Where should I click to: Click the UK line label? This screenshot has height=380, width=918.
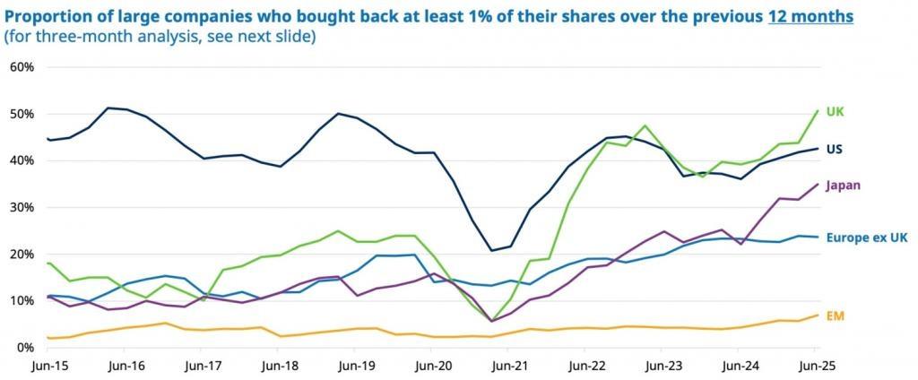[x=834, y=112]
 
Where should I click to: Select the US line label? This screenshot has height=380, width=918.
[x=834, y=149]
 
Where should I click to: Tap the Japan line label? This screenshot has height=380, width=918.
[x=842, y=186]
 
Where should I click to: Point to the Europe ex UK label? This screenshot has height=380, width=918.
[x=868, y=237]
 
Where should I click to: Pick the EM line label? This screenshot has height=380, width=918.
[x=836, y=315]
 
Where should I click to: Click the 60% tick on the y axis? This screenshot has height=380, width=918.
[x=21, y=67]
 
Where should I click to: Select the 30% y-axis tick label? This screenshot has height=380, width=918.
[x=21, y=207]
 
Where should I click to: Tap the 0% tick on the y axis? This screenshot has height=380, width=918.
[x=24, y=347]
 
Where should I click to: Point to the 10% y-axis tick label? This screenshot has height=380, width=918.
[x=21, y=300]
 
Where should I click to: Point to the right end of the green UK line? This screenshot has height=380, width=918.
[x=818, y=111]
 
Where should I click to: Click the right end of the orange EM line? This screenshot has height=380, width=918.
[x=818, y=315]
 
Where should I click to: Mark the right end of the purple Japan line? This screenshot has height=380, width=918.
[x=818, y=184]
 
